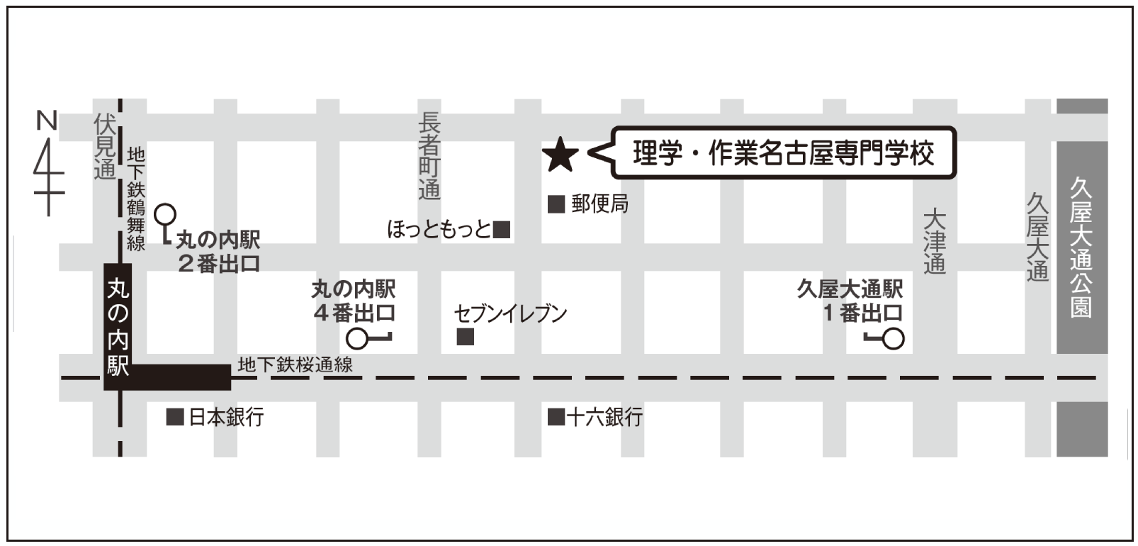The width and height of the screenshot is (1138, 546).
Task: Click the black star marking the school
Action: pos(560,155)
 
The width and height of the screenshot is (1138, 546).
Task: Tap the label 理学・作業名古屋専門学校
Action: pos(783,153)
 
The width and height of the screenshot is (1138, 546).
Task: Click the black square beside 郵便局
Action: pos(556,204)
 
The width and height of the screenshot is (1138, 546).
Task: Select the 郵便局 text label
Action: pos(599,204)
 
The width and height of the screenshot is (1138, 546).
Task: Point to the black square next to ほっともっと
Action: pos(502,229)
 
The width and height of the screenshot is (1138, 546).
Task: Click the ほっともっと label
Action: pos(439,229)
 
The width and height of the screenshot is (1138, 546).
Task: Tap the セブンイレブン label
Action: pos(510,313)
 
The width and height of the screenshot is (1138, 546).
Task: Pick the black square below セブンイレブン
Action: pos(465,337)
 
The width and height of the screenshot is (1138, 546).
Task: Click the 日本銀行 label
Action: pos(226,416)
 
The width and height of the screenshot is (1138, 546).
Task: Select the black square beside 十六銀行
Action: pos(556,416)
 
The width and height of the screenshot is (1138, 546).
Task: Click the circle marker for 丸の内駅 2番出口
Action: pos(165,213)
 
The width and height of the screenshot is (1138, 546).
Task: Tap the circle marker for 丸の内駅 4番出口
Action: pos(357,339)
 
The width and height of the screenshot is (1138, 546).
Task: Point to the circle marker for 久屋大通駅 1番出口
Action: pos(894,339)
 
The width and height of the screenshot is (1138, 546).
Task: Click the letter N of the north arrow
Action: pos(47,121)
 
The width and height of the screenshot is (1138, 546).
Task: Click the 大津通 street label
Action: pos(935,241)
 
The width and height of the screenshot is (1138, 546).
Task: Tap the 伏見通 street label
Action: pos(105,147)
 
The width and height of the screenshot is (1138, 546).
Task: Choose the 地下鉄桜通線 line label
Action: pos(295,364)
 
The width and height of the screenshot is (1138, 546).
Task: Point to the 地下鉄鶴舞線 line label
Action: pos(135,199)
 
